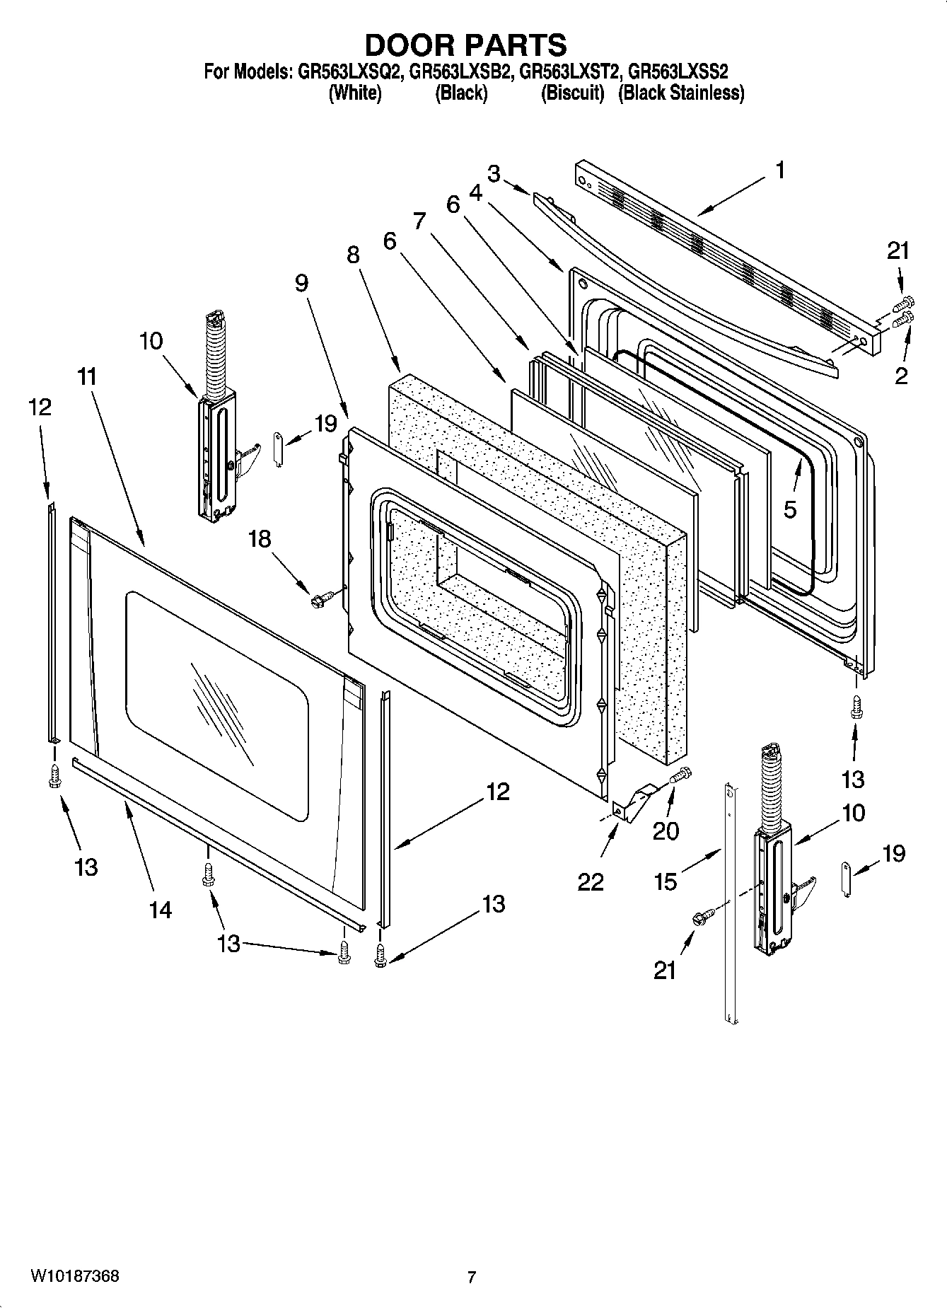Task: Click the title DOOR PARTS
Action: coord(465,45)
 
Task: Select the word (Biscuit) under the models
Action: coord(572,93)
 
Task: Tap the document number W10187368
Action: coord(74,1277)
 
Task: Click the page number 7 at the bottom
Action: coord(472,1278)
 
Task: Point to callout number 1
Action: coord(779,170)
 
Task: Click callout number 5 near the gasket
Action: coord(790,509)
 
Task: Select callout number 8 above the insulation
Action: coord(353,255)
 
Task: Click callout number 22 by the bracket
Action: coord(591,881)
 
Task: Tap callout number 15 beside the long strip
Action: coord(666,881)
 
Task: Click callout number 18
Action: coord(260,538)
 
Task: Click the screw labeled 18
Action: coord(318,601)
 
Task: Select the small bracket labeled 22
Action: coord(632,804)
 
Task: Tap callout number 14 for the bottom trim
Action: coord(161,909)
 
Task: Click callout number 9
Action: coord(301,284)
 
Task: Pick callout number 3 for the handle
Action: coord(494,173)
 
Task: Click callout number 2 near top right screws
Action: coord(900,375)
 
